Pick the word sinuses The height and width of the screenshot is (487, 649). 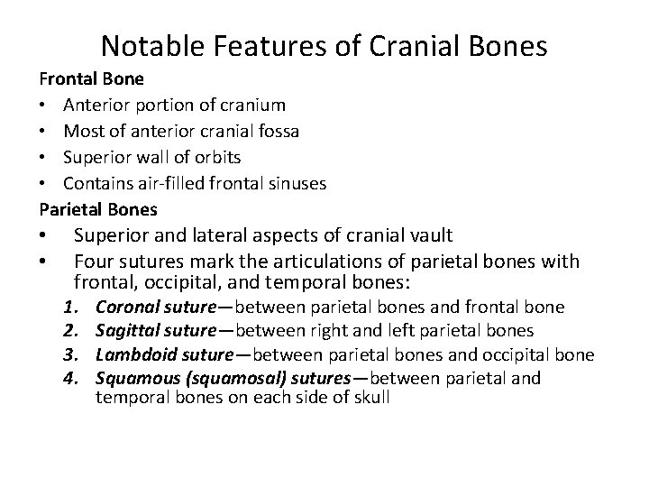[295, 183]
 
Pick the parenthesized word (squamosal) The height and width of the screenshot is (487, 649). [221, 378]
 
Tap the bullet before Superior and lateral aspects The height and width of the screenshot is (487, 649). [43, 235]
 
